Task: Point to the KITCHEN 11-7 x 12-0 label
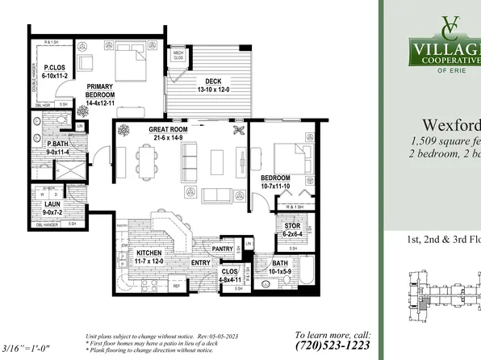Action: [145, 257]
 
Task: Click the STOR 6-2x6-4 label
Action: [292, 229]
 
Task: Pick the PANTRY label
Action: [222, 249]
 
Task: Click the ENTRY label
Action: [201, 263]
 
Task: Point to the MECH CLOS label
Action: [178, 57]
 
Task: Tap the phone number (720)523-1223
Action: [333, 345]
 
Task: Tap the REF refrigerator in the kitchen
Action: [177, 286]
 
